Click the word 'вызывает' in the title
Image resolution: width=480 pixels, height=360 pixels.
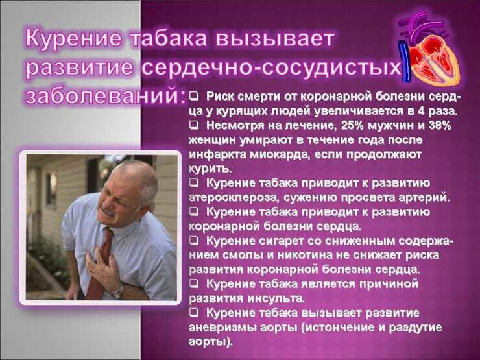pyautogui.click(x=274, y=38)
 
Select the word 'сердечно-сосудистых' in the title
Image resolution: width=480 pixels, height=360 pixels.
pyautogui.click(x=271, y=67)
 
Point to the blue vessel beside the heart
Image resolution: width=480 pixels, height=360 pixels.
pyautogui.click(x=403, y=62)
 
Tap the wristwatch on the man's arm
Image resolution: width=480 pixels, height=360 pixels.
pyautogui.click(x=118, y=291)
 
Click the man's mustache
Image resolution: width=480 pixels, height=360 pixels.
pyautogui.click(x=107, y=211)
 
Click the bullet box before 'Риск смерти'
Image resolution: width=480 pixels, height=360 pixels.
pyautogui.click(x=193, y=97)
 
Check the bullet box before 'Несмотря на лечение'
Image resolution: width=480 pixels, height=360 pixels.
pyautogui.click(x=193, y=125)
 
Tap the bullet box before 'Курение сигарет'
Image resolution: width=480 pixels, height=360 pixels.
pyautogui.click(x=193, y=240)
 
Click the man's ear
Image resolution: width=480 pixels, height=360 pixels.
pyautogui.click(x=143, y=202)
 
